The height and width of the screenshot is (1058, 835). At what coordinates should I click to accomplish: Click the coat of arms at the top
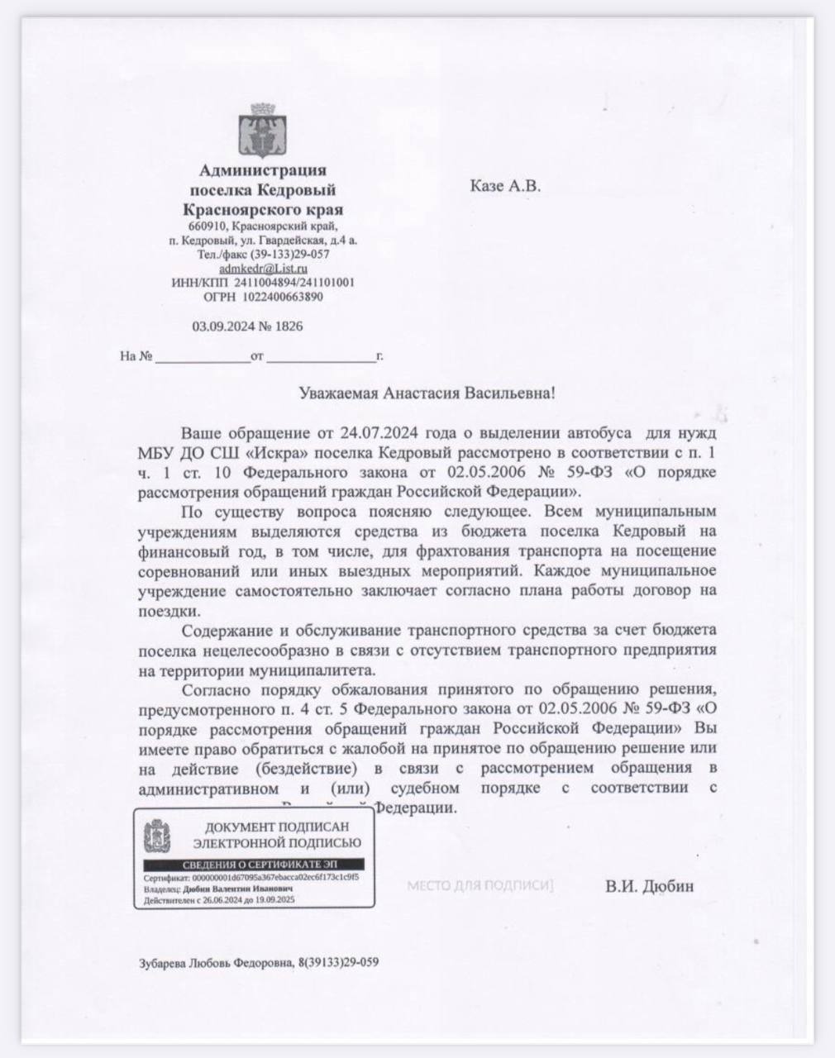tap(263, 131)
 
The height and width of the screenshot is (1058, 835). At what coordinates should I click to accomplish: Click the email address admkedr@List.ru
tap(263, 269)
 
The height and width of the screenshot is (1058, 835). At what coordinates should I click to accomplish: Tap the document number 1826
tap(289, 326)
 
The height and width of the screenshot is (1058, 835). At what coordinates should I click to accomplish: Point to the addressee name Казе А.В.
tap(505, 186)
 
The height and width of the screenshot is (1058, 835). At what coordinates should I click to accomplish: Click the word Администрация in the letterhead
tap(263, 171)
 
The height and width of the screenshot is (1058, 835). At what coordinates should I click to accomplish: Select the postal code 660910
tap(207, 226)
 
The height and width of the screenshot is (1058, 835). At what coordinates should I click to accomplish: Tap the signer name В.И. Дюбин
tap(649, 887)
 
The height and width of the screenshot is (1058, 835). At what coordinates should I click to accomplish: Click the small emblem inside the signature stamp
tap(157, 836)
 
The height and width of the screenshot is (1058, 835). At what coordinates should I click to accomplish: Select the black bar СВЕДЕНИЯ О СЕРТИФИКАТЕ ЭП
tap(253, 864)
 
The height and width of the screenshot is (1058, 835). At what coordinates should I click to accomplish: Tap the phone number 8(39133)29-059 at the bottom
tap(339, 962)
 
